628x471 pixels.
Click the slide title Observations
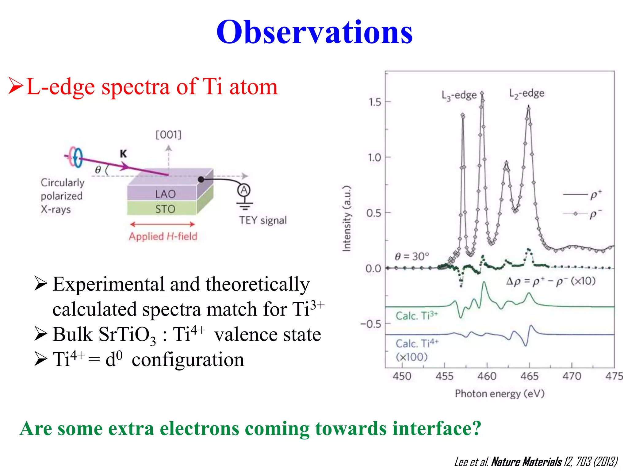314,32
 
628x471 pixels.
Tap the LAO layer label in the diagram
165,194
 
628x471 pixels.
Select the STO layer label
165,209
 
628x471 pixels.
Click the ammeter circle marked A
244,190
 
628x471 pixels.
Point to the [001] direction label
168,135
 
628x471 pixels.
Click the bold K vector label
123,154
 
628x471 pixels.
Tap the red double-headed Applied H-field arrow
163,224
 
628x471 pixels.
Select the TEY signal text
263,220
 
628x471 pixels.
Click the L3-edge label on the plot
459,95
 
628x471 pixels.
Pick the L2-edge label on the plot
527,93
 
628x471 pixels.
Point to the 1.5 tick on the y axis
375,102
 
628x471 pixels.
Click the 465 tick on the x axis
529,376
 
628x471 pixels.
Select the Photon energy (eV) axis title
500,393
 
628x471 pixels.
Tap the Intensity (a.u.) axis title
347,219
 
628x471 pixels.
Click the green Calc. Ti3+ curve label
416,316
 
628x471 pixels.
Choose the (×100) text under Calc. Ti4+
412,357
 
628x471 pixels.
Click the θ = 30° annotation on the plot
412,256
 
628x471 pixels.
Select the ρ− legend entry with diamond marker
583,214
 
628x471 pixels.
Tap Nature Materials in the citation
526,461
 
